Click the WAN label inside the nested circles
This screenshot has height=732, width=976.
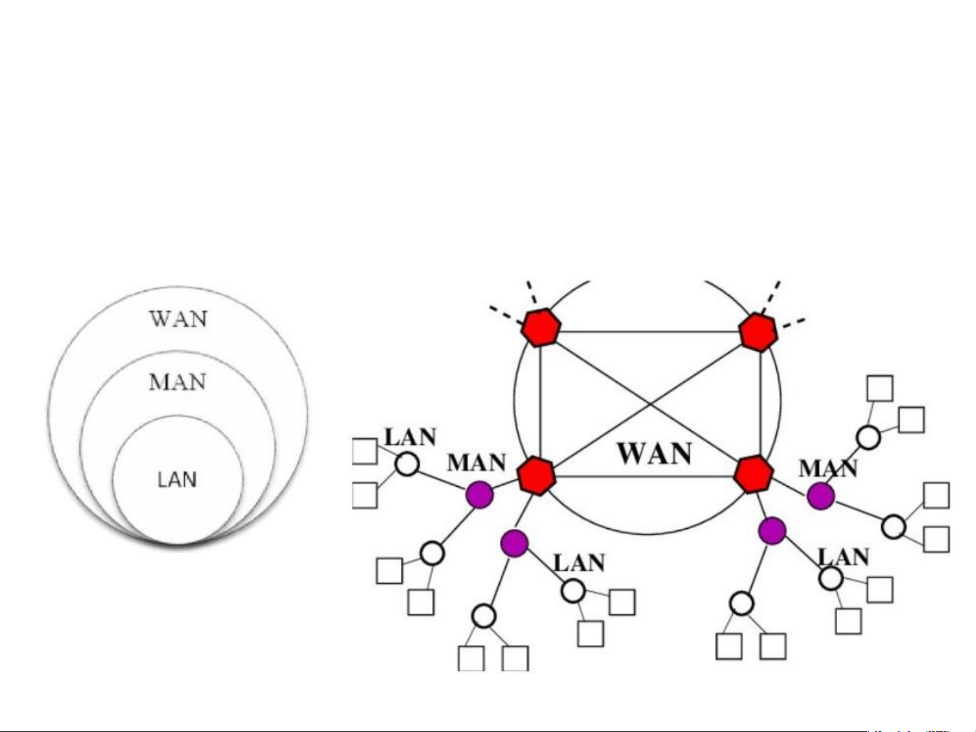tap(178, 318)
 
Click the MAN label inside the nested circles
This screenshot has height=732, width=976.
tap(177, 382)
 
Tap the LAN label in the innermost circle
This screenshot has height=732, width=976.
tap(177, 479)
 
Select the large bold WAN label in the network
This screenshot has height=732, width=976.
tap(654, 453)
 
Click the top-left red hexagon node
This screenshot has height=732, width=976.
tap(540, 328)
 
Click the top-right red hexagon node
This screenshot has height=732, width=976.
tap(758, 332)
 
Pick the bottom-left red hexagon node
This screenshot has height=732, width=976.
tap(537, 475)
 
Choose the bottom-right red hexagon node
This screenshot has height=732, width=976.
tap(753, 475)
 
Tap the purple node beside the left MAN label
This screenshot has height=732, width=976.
tap(480, 494)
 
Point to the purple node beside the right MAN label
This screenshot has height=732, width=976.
tap(820, 496)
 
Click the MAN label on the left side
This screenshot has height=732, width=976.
tap(476, 463)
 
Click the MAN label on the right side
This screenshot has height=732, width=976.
tap(828, 468)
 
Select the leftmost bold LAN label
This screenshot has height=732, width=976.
tap(410, 437)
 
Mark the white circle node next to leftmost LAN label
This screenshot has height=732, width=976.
tap(407, 465)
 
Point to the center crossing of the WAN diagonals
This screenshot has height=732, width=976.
tap(651, 404)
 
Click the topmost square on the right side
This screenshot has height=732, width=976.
tap(880, 389)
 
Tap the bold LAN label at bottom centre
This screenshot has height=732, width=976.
tap(579, 563)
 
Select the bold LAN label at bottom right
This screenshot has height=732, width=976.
tap(843, 557)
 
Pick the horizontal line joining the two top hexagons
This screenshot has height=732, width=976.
tap(649, 332)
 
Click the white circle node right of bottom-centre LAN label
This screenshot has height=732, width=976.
tap(573, 590)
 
